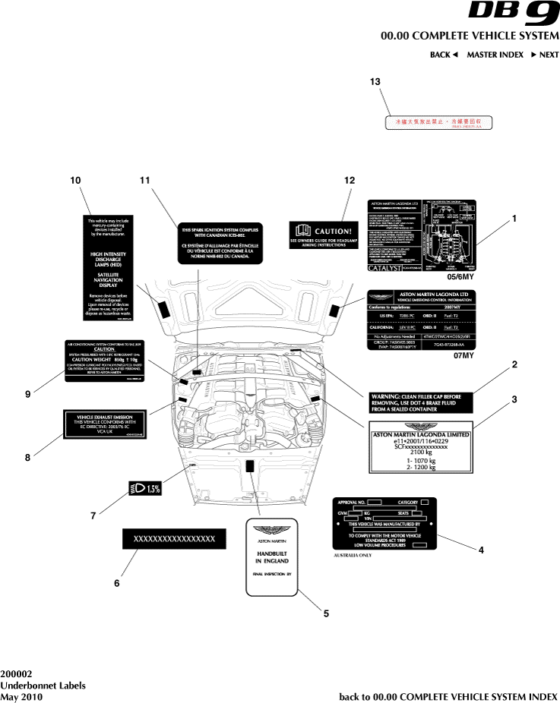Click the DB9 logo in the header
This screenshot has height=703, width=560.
click(513, 13)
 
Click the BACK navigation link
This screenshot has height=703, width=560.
click(444, 55)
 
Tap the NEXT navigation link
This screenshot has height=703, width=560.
click(545, 55)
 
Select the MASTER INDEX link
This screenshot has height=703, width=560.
click(495, 55)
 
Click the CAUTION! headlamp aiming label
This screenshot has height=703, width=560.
click(322, 232)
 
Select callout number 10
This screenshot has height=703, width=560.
click(75, 180)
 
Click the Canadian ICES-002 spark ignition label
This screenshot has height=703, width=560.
click(221, 243)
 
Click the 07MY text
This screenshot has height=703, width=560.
click(463, 355)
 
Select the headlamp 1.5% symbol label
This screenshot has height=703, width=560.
click(145, 488)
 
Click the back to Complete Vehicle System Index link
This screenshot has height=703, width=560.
click(448, 696)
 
